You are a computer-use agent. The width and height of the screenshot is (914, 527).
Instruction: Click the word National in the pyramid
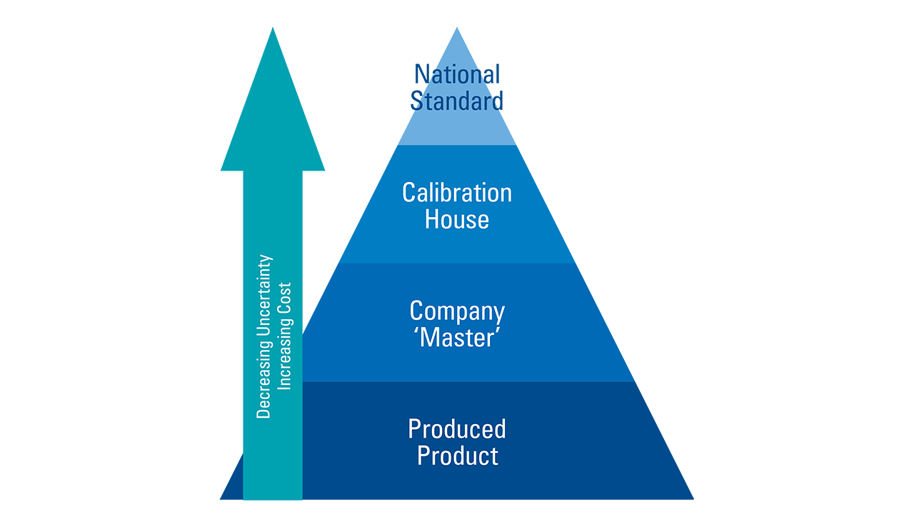457,74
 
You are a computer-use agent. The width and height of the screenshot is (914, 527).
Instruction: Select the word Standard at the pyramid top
457,101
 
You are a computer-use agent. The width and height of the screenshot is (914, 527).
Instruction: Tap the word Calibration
457,193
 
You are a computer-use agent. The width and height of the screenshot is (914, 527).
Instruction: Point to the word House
457,219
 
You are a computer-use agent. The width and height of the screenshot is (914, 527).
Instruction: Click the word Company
457,311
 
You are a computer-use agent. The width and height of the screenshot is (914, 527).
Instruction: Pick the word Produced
457,429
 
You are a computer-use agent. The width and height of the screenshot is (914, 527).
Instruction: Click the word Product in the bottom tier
457,456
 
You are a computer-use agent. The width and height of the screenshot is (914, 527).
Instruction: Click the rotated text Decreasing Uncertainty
264,336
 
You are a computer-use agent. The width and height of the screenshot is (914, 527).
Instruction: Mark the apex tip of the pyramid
457,29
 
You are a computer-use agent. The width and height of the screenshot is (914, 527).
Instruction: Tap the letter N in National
421,74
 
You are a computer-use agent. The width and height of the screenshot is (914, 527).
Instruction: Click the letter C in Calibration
408,193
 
